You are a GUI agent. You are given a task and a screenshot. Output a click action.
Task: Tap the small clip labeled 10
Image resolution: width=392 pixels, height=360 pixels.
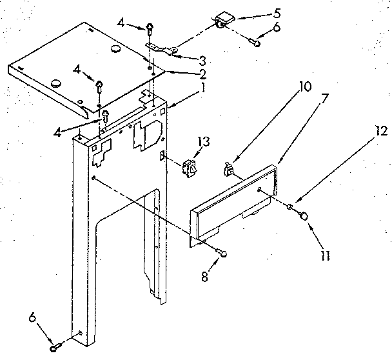coord(228,170)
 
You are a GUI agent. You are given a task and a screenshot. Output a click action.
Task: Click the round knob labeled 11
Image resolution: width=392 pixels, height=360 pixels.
coord(303,218)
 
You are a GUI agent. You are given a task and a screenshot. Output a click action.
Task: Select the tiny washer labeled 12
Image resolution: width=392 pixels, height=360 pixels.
coord(291,207)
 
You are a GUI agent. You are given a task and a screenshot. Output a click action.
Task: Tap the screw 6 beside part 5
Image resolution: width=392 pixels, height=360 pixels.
coord(255,43)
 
